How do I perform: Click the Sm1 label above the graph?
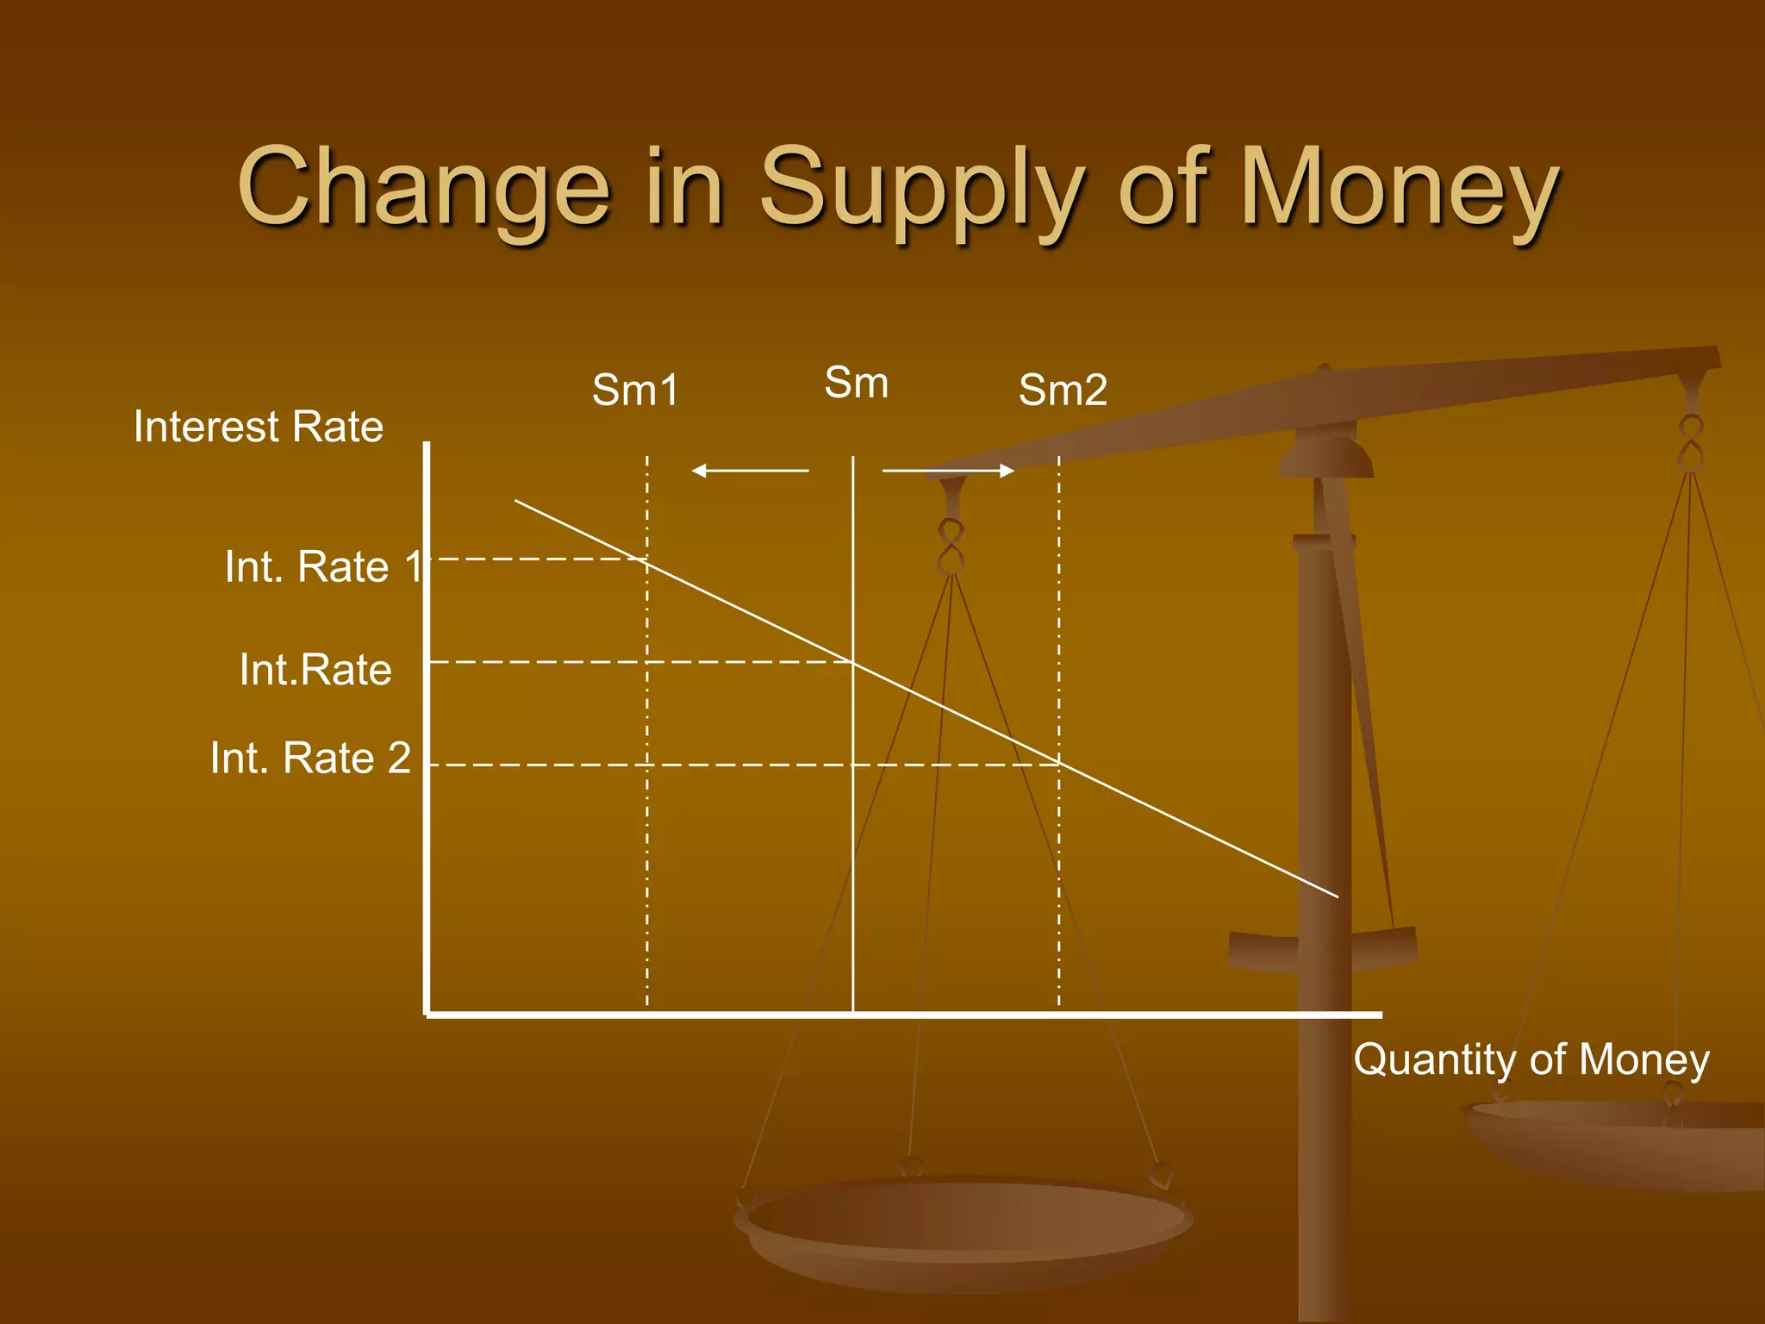[635, 390]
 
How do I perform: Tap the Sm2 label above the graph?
[1062, 390]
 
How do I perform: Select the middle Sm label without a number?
[856, 383]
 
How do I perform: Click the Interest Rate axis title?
[259, 427]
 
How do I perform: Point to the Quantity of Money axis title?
[1531, 1059]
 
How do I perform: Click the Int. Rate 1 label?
[323, 567]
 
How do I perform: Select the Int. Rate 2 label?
[310, 759]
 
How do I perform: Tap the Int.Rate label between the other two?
[315, 670]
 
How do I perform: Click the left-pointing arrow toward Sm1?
[750, 471]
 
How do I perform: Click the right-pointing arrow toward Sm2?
[948, 471]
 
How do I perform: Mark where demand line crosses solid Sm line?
[853, 662]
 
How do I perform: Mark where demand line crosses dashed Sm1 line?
[647, 563]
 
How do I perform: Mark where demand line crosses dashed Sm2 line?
[1059, 763]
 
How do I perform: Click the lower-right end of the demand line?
[1338, 896]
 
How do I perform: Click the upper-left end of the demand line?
[515, 500]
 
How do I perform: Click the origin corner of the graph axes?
[427, 1015]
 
